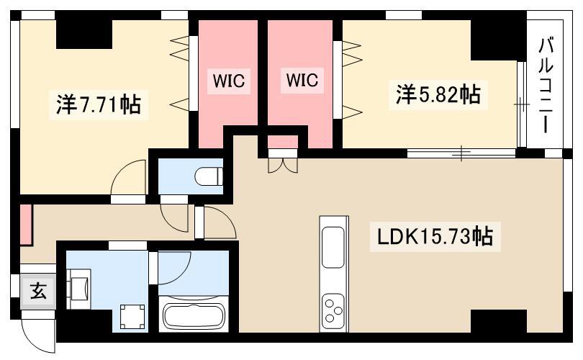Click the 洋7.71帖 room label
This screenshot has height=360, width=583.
point(99,104)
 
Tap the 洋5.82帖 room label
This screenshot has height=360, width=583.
point(438,94)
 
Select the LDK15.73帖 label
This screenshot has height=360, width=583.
point(435,236)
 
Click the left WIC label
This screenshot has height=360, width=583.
point(228,81)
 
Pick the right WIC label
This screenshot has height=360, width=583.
point(302,80)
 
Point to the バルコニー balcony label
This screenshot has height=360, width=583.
point(546,85)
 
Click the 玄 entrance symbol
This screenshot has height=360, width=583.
point(38,290)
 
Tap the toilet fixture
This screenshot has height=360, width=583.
point(209,176)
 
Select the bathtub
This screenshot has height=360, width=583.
point(194,316)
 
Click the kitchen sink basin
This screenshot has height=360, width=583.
point(333,247)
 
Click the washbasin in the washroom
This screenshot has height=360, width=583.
point(79,289)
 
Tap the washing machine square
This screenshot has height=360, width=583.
point(132,317)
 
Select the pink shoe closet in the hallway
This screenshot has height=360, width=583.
point(26,224)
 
